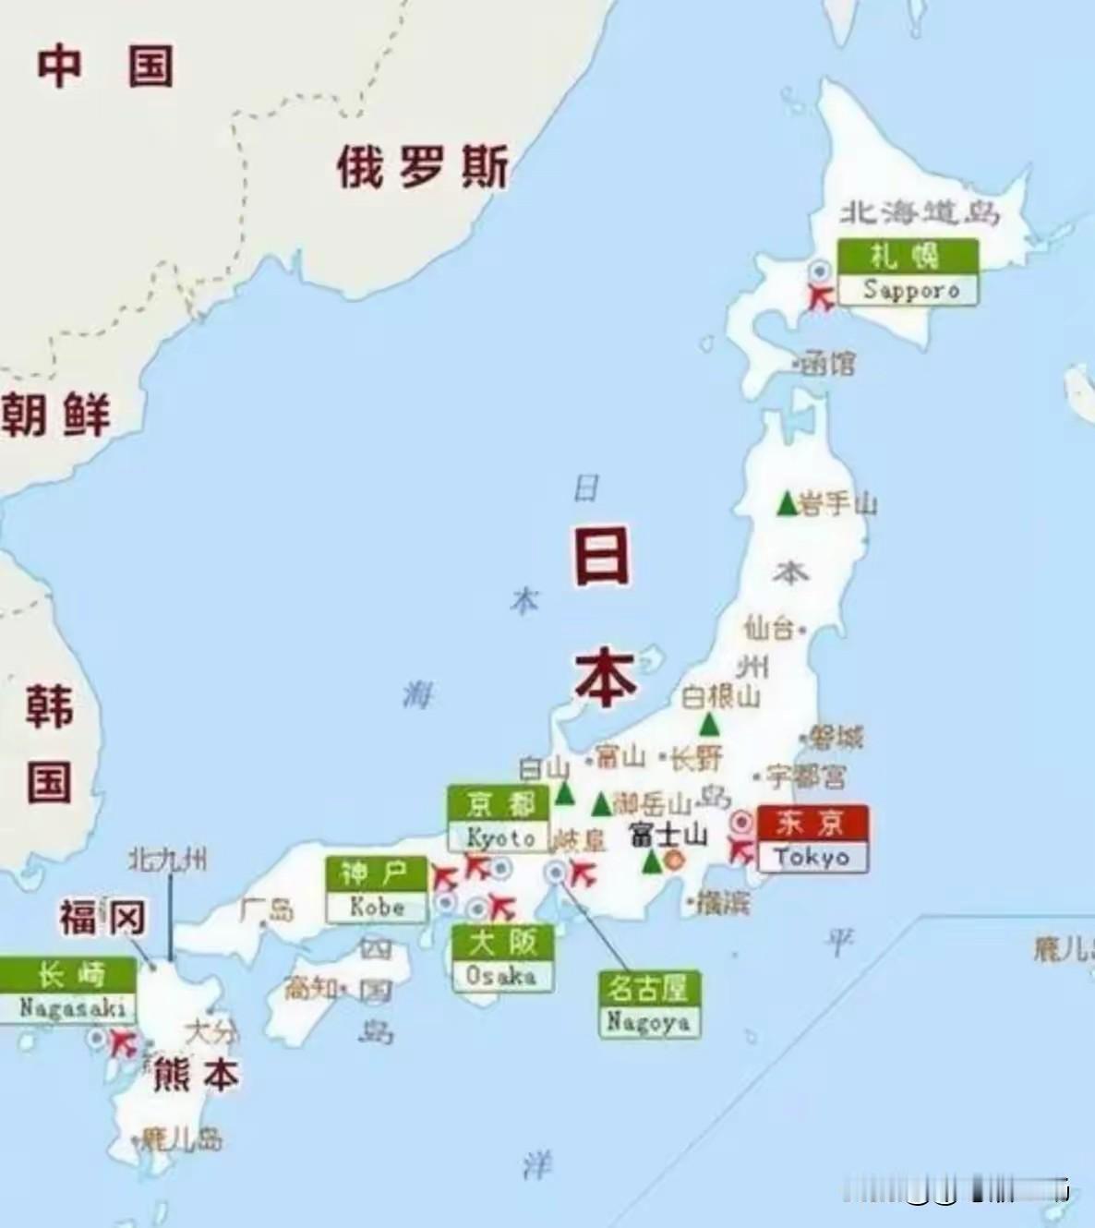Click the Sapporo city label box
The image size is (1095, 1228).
[x=908, y=272]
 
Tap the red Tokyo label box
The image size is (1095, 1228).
[x=812, y=838]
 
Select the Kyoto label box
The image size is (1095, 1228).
[x=499, y=819]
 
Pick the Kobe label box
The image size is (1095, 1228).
[x=377, y=889]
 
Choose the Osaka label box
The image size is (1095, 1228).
[x=502, y=958]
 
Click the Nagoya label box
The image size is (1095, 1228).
[x=648, y=1005]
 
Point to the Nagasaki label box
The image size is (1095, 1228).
[x=70, y=991]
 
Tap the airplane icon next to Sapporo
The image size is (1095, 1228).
[x=820, y=297]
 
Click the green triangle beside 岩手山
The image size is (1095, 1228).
[x=786, y=504]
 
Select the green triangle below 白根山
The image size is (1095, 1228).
[x=708, y=724]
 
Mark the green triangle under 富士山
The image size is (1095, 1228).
[x=652, y=862]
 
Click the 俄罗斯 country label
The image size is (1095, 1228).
[x=422, y=168]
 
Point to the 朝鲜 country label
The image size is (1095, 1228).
[x=55, y=414]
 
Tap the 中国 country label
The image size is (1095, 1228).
[x=104, y=66]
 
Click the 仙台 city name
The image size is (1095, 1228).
[x=769, y=629]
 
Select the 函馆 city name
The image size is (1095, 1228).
[x=828, y=363]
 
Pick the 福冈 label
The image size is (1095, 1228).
[x=102, y=918]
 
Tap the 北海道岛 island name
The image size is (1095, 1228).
[x=920, y=213]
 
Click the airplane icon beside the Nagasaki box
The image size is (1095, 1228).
[x=122, y=1044]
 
